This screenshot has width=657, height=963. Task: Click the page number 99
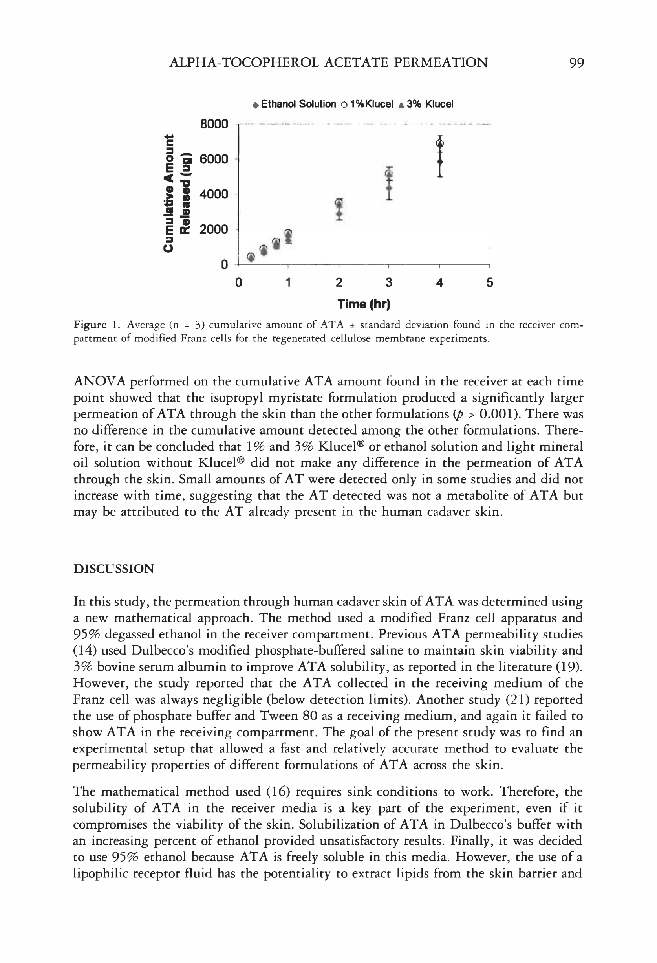[x=576, y=63]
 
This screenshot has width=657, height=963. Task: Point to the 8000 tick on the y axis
[x=214, y=124]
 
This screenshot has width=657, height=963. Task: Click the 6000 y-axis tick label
[x=214, y=159]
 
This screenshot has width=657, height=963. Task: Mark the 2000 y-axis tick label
[x=214, y=229]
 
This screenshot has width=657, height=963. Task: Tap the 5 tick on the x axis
[x=490, y=282]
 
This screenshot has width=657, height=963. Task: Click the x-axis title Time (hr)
[x=364, y=304]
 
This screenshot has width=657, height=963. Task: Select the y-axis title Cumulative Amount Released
[x=176, y=194]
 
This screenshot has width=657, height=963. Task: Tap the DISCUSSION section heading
[x=113, y=569]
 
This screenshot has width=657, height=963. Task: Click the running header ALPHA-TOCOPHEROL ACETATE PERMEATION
[x=328, y=63]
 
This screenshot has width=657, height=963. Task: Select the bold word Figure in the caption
[x=90, y=325]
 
